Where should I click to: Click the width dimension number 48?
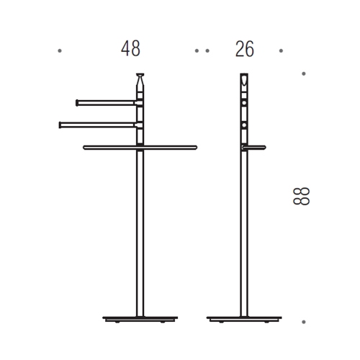(x=130, y=50)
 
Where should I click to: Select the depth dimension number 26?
(x=244, y=50)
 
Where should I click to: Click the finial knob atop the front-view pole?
(x=140, y=76)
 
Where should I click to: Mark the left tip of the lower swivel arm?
(x=60, y=124)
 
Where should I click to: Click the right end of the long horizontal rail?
(x=195, y=147)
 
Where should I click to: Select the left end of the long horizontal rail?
(x=85, y=147)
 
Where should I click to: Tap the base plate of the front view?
(x=140, y=318)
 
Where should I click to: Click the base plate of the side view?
(x=245, y=318)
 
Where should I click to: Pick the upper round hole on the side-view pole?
(x=245, y=104)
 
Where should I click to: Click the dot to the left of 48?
(x=59, y=50)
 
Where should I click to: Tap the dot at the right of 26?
(x=281, y=50)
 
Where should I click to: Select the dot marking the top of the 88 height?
(x=304, y=73)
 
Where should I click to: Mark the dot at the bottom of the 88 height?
(x=304, y=322)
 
